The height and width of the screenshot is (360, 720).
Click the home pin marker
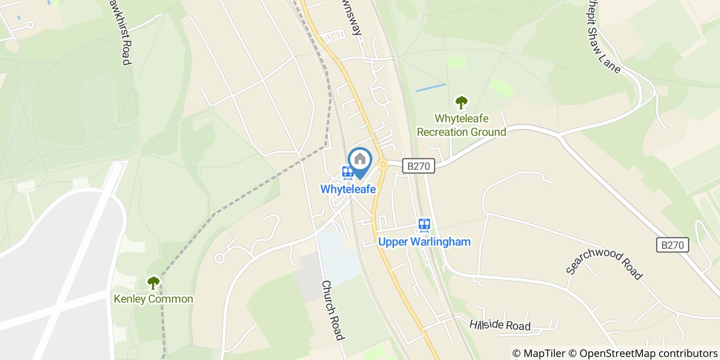tap(360, 160)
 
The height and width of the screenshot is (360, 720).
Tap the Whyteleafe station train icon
tap(347, 173)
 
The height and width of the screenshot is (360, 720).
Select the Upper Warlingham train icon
tap(424, 225)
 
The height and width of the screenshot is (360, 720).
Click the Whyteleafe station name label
tap(348, 189)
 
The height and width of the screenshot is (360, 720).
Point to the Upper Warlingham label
tap(424, 241)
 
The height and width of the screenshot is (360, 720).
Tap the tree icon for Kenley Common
tap(153, 282)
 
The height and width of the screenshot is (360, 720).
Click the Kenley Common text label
tap(153, 299)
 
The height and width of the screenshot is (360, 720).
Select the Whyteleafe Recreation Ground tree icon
tap(461, 102)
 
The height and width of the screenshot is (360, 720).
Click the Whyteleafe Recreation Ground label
tap(461, 125)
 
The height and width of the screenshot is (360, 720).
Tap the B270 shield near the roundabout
tap(418, 166)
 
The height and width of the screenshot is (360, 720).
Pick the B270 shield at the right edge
tap(673, 245)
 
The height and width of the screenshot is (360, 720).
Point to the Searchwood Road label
tap(604, 265)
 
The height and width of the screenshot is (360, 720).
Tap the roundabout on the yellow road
tap(383, 165)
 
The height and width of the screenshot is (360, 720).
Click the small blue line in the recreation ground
tap(430, 88)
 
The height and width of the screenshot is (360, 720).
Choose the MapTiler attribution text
tap(539, 353)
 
